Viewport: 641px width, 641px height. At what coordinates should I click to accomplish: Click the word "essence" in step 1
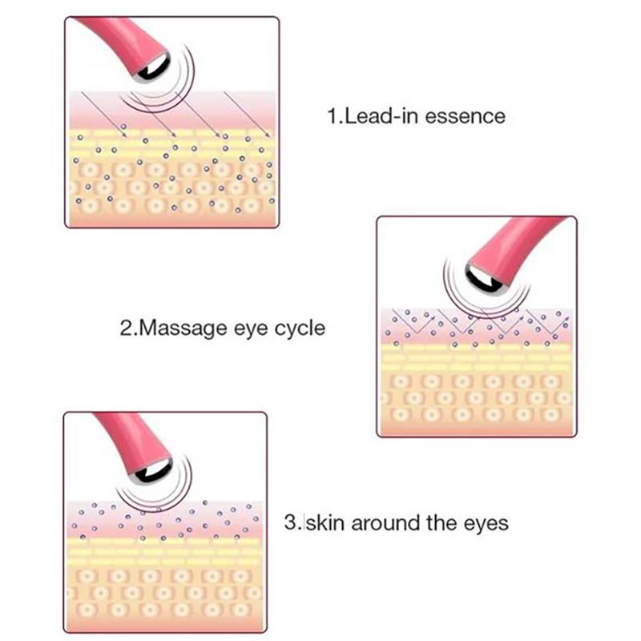point(466,116)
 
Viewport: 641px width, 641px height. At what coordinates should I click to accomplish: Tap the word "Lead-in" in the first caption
point(382,115)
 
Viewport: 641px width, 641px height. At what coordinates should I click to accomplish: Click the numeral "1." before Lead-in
point(336,116)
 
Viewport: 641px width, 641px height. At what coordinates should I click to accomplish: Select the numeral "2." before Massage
point(129,329)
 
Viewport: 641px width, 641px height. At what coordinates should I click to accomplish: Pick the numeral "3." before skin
point(293,522)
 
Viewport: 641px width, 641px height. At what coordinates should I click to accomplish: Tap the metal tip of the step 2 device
point(486,279)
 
